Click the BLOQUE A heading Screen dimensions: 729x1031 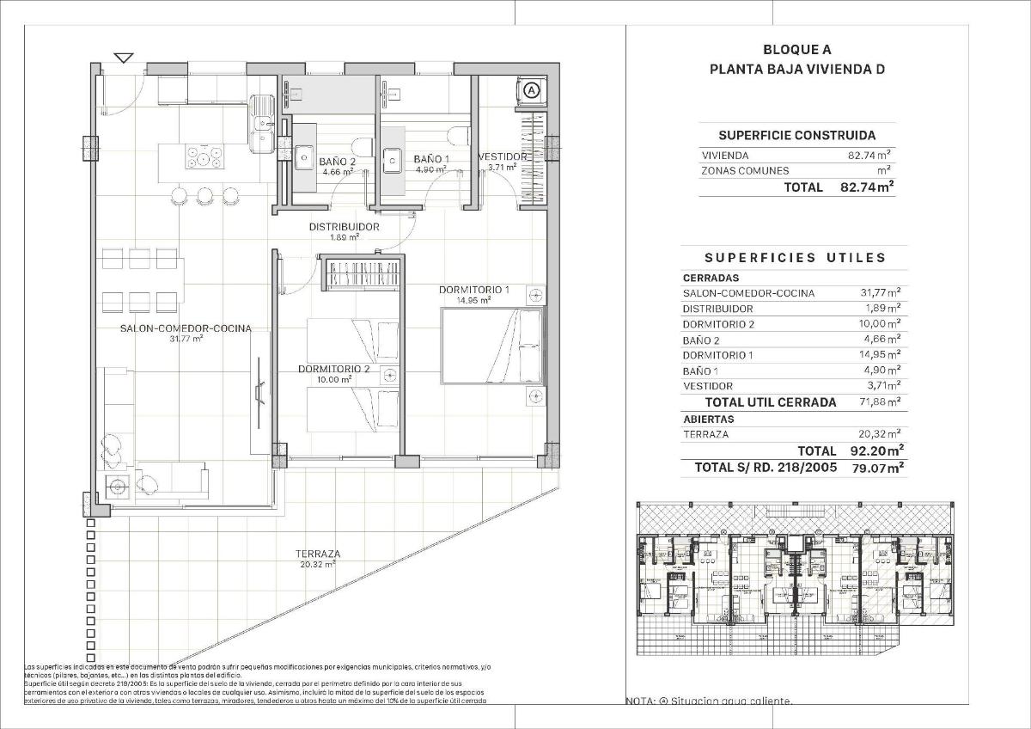[797, 50]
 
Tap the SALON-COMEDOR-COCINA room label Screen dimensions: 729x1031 [186, 328]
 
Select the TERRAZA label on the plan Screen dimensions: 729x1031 [317, 554]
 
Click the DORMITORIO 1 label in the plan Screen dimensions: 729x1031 [474, 290]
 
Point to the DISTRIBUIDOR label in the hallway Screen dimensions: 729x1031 [345, 227]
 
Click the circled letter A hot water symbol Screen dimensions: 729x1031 [531, 89]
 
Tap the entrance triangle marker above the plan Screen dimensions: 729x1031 [124, 58]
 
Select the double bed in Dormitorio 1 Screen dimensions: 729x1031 [493, 346]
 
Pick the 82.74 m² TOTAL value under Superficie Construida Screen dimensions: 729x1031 [867, 187]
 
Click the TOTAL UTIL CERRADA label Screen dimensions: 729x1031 [770, 402]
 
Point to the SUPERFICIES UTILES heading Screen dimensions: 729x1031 [795, 257]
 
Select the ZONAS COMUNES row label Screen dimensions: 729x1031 [744, 171]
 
